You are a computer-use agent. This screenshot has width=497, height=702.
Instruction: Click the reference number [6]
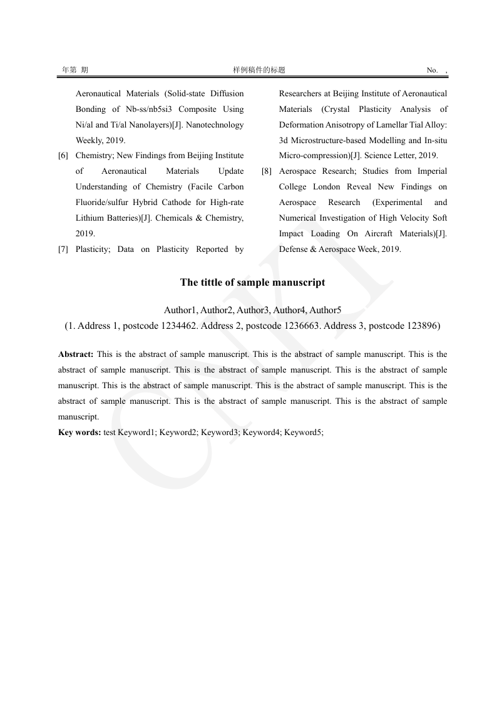pos(63,156)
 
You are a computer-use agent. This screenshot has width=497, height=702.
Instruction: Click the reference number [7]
pos(63,249)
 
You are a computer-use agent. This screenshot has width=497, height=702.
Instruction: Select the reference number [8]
pos(267,171)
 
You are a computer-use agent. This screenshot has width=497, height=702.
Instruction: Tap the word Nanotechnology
pos(211,125)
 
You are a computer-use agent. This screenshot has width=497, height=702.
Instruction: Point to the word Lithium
pos(90,218)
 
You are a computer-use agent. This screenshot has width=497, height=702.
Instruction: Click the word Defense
pos(294,249)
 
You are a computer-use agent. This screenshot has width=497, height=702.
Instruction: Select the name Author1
pos(181,310)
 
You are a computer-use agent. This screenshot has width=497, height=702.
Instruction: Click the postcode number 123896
pos(423,326)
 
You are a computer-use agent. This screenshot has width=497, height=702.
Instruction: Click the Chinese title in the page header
pos(259,70)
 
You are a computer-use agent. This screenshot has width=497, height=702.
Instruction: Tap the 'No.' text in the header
pos(432,70)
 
